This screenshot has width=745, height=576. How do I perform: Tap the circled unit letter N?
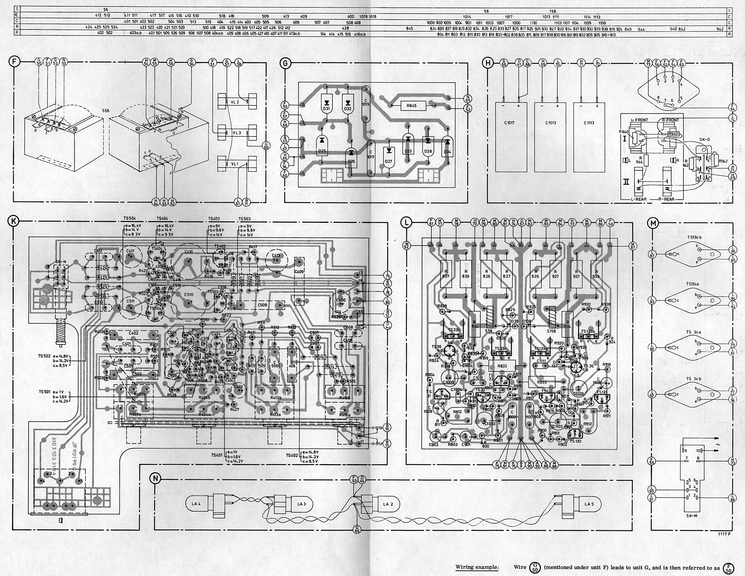click(155, 479)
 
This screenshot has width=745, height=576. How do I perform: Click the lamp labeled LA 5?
click(589, 504)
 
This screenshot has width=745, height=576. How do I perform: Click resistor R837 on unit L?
click(445, 276)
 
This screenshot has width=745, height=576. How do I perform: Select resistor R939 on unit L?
click(596, 276)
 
